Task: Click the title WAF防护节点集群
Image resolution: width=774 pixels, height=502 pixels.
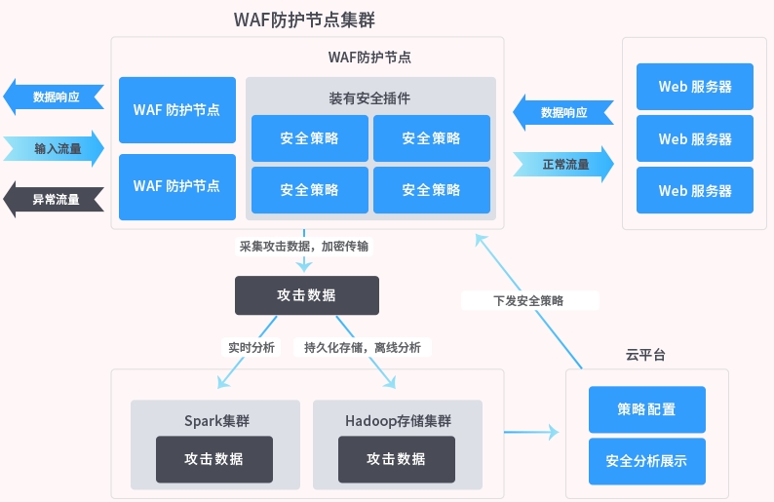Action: (x=304, y=19)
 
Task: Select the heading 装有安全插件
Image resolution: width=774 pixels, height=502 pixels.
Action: (x=369, y=98)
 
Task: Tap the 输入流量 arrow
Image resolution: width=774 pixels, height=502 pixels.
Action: (x=54, y=149)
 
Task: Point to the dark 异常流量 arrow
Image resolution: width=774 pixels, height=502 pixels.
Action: (x=54, y=200)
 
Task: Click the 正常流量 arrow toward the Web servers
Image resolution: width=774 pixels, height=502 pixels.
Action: (x=565, y=165)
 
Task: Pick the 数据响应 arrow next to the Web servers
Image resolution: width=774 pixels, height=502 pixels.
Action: (x=563, y=112)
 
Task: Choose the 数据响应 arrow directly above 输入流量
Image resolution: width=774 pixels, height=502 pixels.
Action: (x=54, y=97)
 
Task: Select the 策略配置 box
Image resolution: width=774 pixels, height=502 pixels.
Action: (x=646, y=409)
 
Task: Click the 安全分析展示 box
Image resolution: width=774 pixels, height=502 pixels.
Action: (x=646, y=461)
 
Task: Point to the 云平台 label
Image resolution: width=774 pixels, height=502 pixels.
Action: (x=645, y=355)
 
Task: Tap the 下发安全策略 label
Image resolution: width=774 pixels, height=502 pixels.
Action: (x=528, y=300)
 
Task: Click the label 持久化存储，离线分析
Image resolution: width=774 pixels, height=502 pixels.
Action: (x=363, y=347)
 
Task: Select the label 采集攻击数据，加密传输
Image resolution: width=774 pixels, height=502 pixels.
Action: (x=304, y=246)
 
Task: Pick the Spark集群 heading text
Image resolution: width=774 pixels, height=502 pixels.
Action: (x=216, y=421)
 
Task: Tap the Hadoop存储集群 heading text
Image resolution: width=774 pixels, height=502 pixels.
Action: (x=398, y=421)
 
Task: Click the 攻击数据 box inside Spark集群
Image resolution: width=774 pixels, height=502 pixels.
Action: (x=214, y=459)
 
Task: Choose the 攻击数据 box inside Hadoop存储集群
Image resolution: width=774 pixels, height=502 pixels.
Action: (x=397, y=459)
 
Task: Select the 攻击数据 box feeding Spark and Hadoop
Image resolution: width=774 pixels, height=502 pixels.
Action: (x=306, y=294)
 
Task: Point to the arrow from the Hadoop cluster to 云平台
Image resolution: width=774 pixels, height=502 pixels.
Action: (x=532, y=431)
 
